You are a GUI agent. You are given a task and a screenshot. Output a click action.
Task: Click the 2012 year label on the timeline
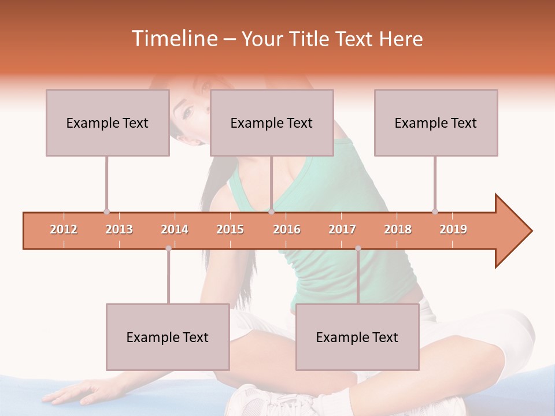(x=64, y=229)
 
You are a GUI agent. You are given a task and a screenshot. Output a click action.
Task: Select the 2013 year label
(x=119, y=229)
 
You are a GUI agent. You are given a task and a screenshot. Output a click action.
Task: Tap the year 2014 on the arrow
(x=175, y=229)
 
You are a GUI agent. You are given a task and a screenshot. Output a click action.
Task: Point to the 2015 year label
(x=230, y=229)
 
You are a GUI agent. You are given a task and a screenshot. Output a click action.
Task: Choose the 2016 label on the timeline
(x=287, y=229)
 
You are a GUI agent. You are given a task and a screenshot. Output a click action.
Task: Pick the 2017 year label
(x=342, y=229)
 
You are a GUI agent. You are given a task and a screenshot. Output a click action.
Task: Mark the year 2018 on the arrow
(x=398, y=229)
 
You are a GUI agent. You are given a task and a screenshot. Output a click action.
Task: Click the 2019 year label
(x=453, y=229)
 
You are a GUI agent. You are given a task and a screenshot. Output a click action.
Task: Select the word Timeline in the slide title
(x=173, y=39)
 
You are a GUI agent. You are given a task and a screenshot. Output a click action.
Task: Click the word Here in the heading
(x=401, y=39)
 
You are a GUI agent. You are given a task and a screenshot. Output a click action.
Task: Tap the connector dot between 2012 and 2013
(x=106, y=211)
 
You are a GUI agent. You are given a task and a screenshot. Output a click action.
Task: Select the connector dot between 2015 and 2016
(x=271, y=211)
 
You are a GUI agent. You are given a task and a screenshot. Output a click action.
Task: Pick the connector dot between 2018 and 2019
(x=435, y=211)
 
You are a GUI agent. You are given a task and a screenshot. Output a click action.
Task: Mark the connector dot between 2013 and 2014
(x=168, y=248)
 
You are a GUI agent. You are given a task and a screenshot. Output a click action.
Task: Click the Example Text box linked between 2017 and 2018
(x=357, y=337)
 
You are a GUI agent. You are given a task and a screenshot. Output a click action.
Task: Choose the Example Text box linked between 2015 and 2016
(x=271, y=122)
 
